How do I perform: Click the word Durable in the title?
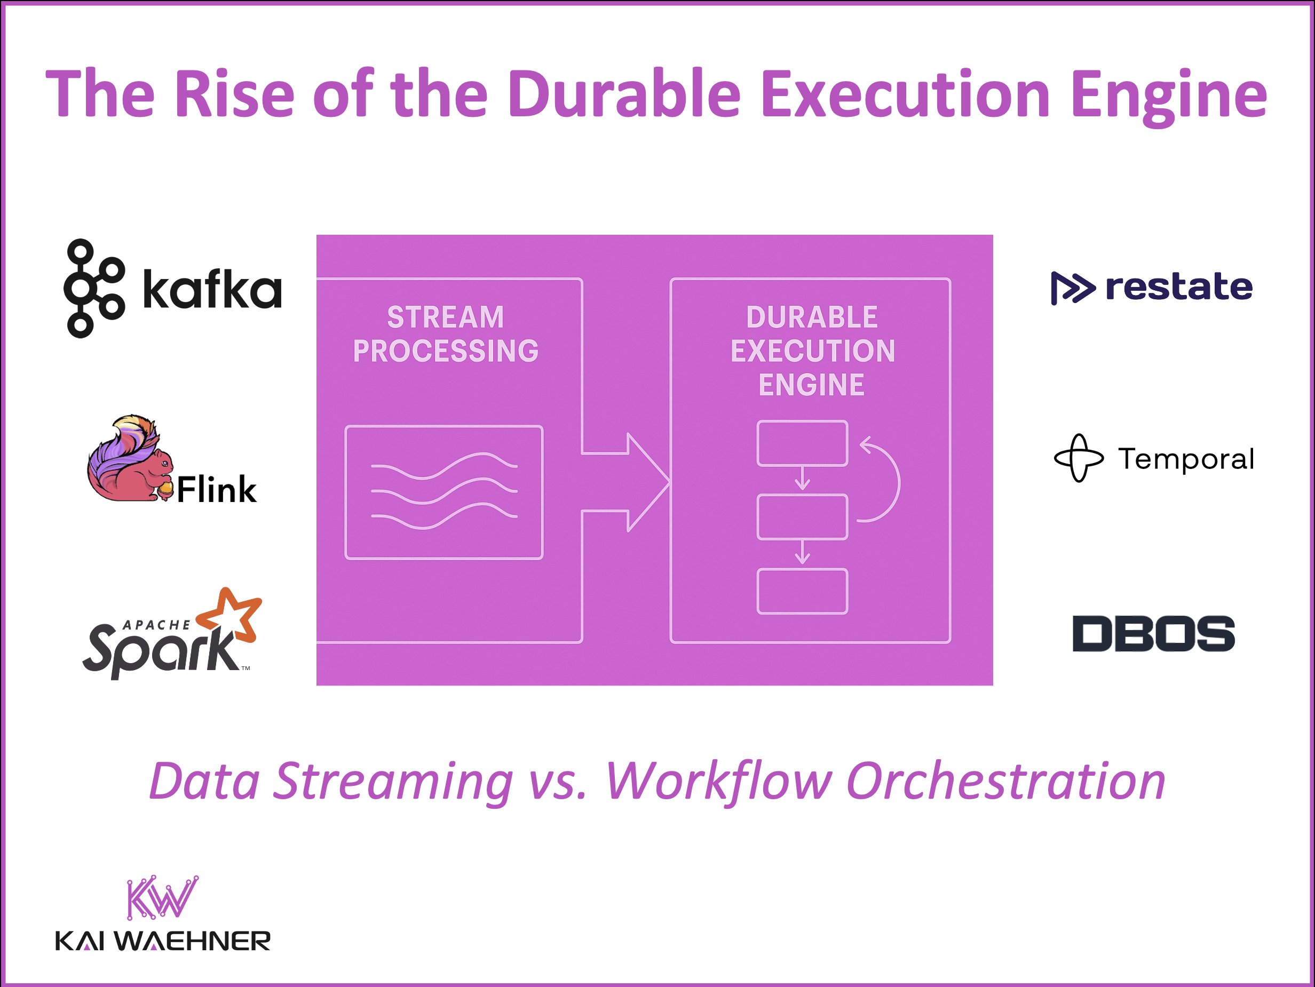pyautogui.click(x=624, y=94)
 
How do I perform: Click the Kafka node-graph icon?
pyautogui.click(x=94, y=289)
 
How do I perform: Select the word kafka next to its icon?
pyautogui.click(x=212, y=290)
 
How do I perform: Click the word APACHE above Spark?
pyautogui.click(x=156, y=625)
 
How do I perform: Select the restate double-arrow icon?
pyautogui.click(x=1072, y=288)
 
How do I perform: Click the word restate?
pyautogui.click(x=1178, y=287)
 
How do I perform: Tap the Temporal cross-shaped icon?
pyautogui.click(x=1079, y=458)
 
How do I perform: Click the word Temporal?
pyautogui.click(x=1186, y=459)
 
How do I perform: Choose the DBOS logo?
pyautogui.click(x=1153, y=633)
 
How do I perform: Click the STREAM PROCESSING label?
pyautogui.click(x=445, y=334)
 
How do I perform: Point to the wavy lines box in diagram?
pyautogui.click(x=443, y=492)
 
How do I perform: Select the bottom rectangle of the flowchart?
pyautogui.click(x=802, y=591)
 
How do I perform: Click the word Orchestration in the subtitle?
pyautogui.click(x=1005, y=782)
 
